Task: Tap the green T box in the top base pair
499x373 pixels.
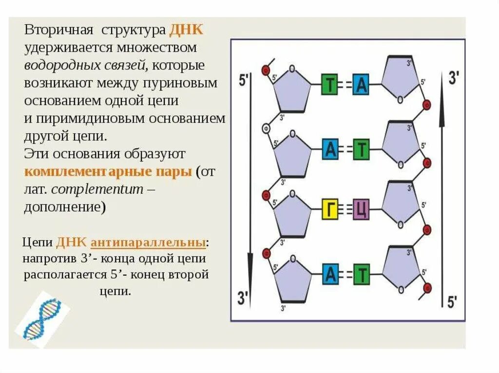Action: tap(330, 85)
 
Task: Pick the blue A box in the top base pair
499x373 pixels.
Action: tap(361, 85)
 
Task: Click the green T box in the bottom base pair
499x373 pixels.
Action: tap(361, 275)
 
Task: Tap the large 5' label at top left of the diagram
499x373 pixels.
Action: tap(244, 81)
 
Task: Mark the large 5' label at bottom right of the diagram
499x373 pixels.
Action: tap(452, 302)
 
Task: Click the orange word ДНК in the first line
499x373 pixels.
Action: tap(186, 30)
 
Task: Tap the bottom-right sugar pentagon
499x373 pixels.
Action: tap(400, 270)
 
